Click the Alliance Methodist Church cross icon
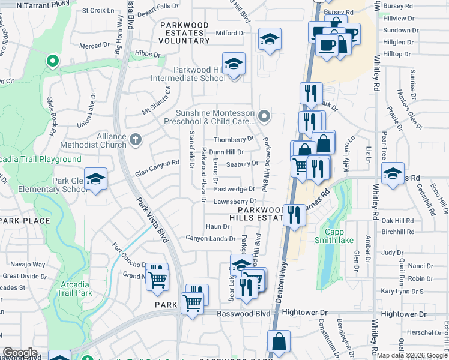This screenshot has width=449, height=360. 136,140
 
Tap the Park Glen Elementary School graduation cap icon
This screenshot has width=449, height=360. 95,179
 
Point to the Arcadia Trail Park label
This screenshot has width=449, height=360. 76,288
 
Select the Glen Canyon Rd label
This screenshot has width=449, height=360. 158,163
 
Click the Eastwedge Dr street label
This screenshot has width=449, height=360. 235,189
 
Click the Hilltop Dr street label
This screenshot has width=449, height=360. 396,54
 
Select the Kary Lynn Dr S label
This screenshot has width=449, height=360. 402,291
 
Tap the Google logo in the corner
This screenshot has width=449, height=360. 20,353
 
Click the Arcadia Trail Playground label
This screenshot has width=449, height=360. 41,160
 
